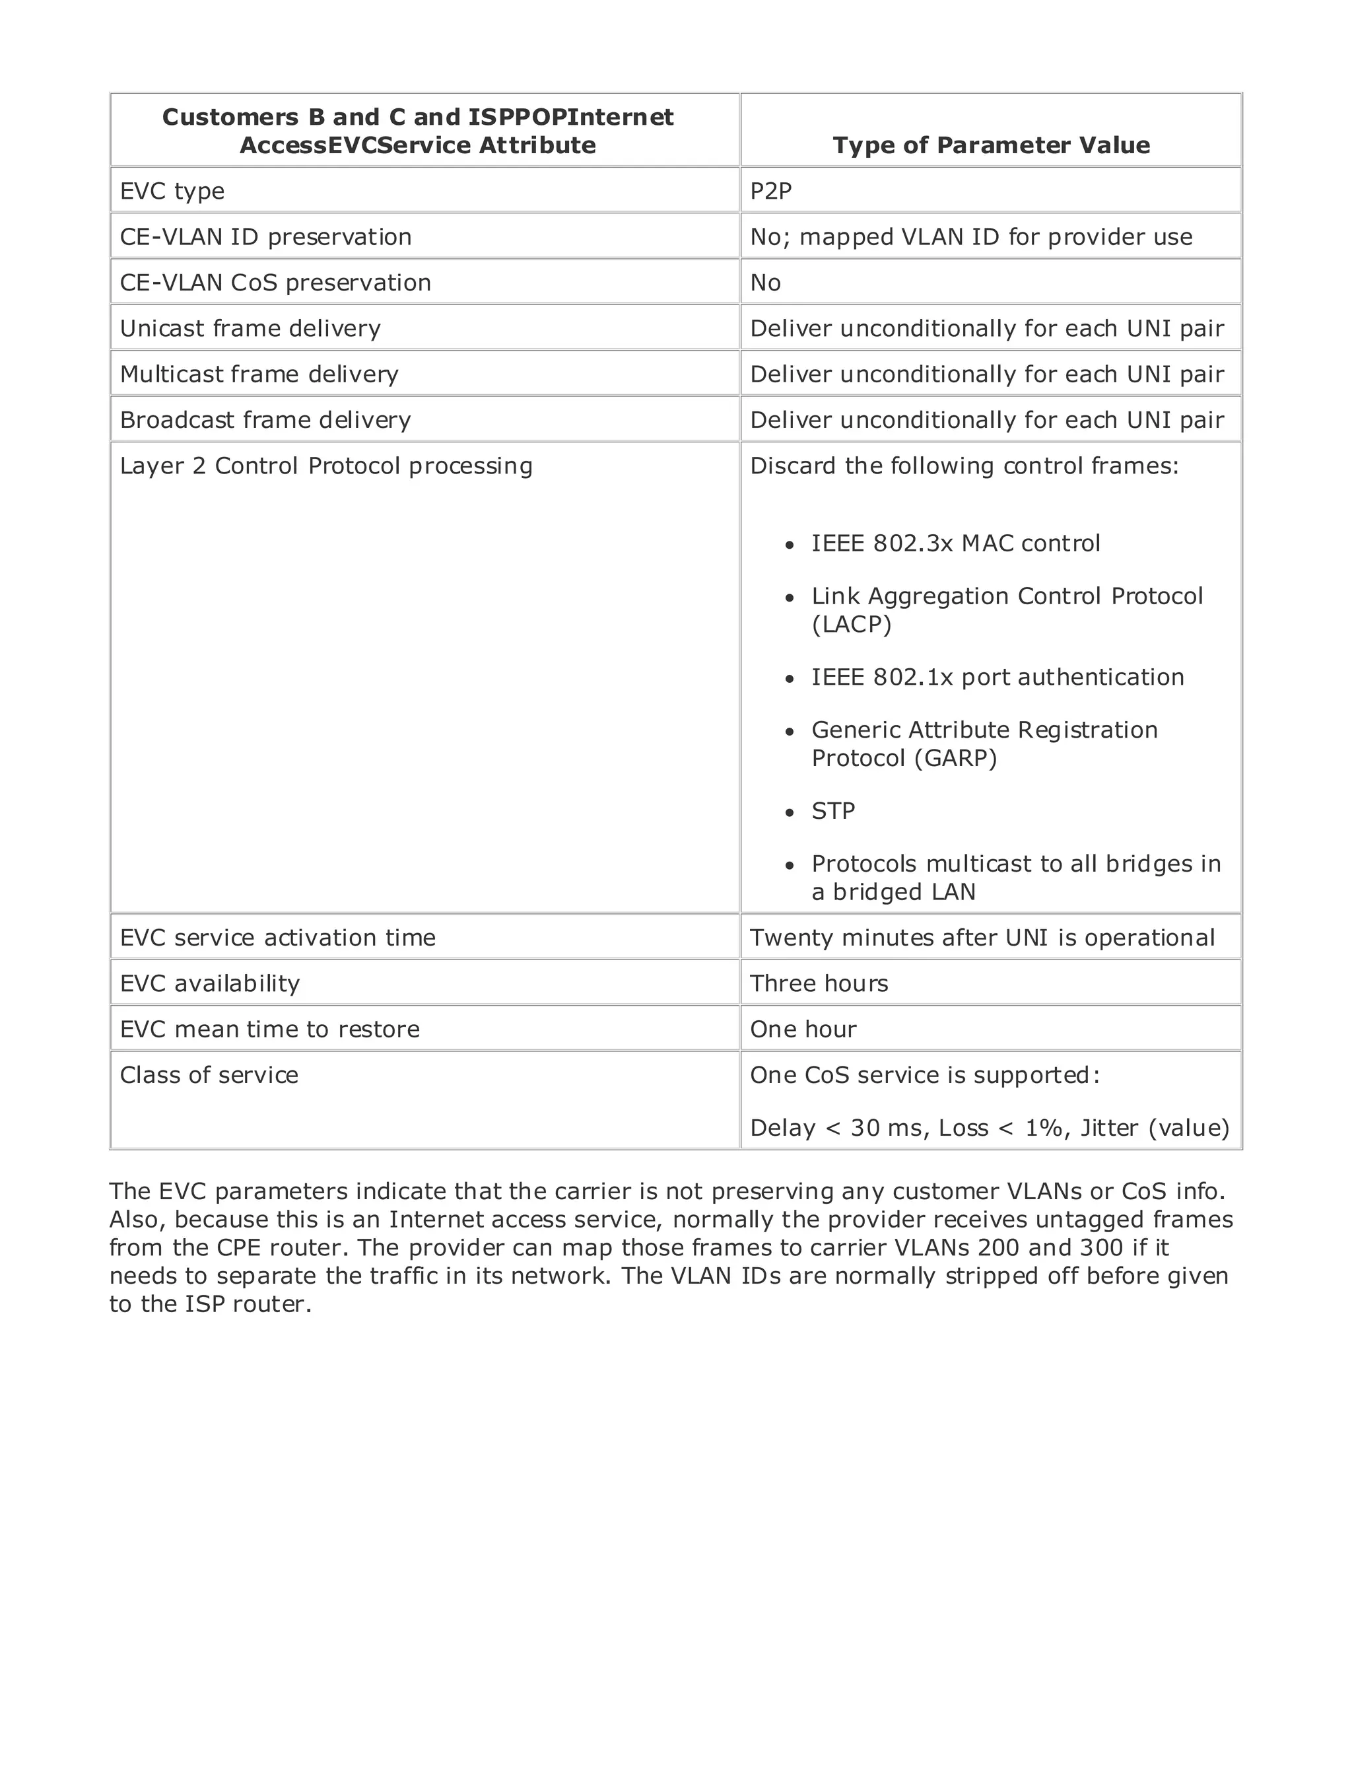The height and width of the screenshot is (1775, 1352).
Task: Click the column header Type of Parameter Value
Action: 991,145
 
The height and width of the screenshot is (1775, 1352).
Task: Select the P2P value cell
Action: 770,191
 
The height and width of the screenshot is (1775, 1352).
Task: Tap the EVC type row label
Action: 172,191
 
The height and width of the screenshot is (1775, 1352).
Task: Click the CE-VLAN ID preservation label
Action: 265,236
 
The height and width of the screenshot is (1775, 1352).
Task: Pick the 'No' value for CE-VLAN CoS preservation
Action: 765,283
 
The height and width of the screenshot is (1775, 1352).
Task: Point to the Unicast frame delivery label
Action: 250,328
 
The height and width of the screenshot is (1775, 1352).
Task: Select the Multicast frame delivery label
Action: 259,374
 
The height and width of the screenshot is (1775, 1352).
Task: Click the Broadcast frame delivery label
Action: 265,420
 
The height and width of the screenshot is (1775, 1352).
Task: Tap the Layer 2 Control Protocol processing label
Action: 326,466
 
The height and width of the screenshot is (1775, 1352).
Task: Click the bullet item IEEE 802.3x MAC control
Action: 955,543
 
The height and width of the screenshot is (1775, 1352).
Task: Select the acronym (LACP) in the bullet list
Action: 852,625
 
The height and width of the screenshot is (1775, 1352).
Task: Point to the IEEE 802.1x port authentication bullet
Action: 997,677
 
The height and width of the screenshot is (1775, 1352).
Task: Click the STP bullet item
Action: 833,811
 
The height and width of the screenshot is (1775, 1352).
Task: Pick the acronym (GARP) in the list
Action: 956,758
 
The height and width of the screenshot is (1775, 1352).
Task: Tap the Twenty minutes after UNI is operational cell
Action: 982,938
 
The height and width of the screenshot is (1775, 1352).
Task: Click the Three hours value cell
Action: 819,984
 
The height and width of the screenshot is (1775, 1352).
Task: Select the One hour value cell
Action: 803,1029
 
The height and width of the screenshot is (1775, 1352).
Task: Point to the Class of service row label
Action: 209,1076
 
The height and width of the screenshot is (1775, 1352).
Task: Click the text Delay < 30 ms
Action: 836,1128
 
